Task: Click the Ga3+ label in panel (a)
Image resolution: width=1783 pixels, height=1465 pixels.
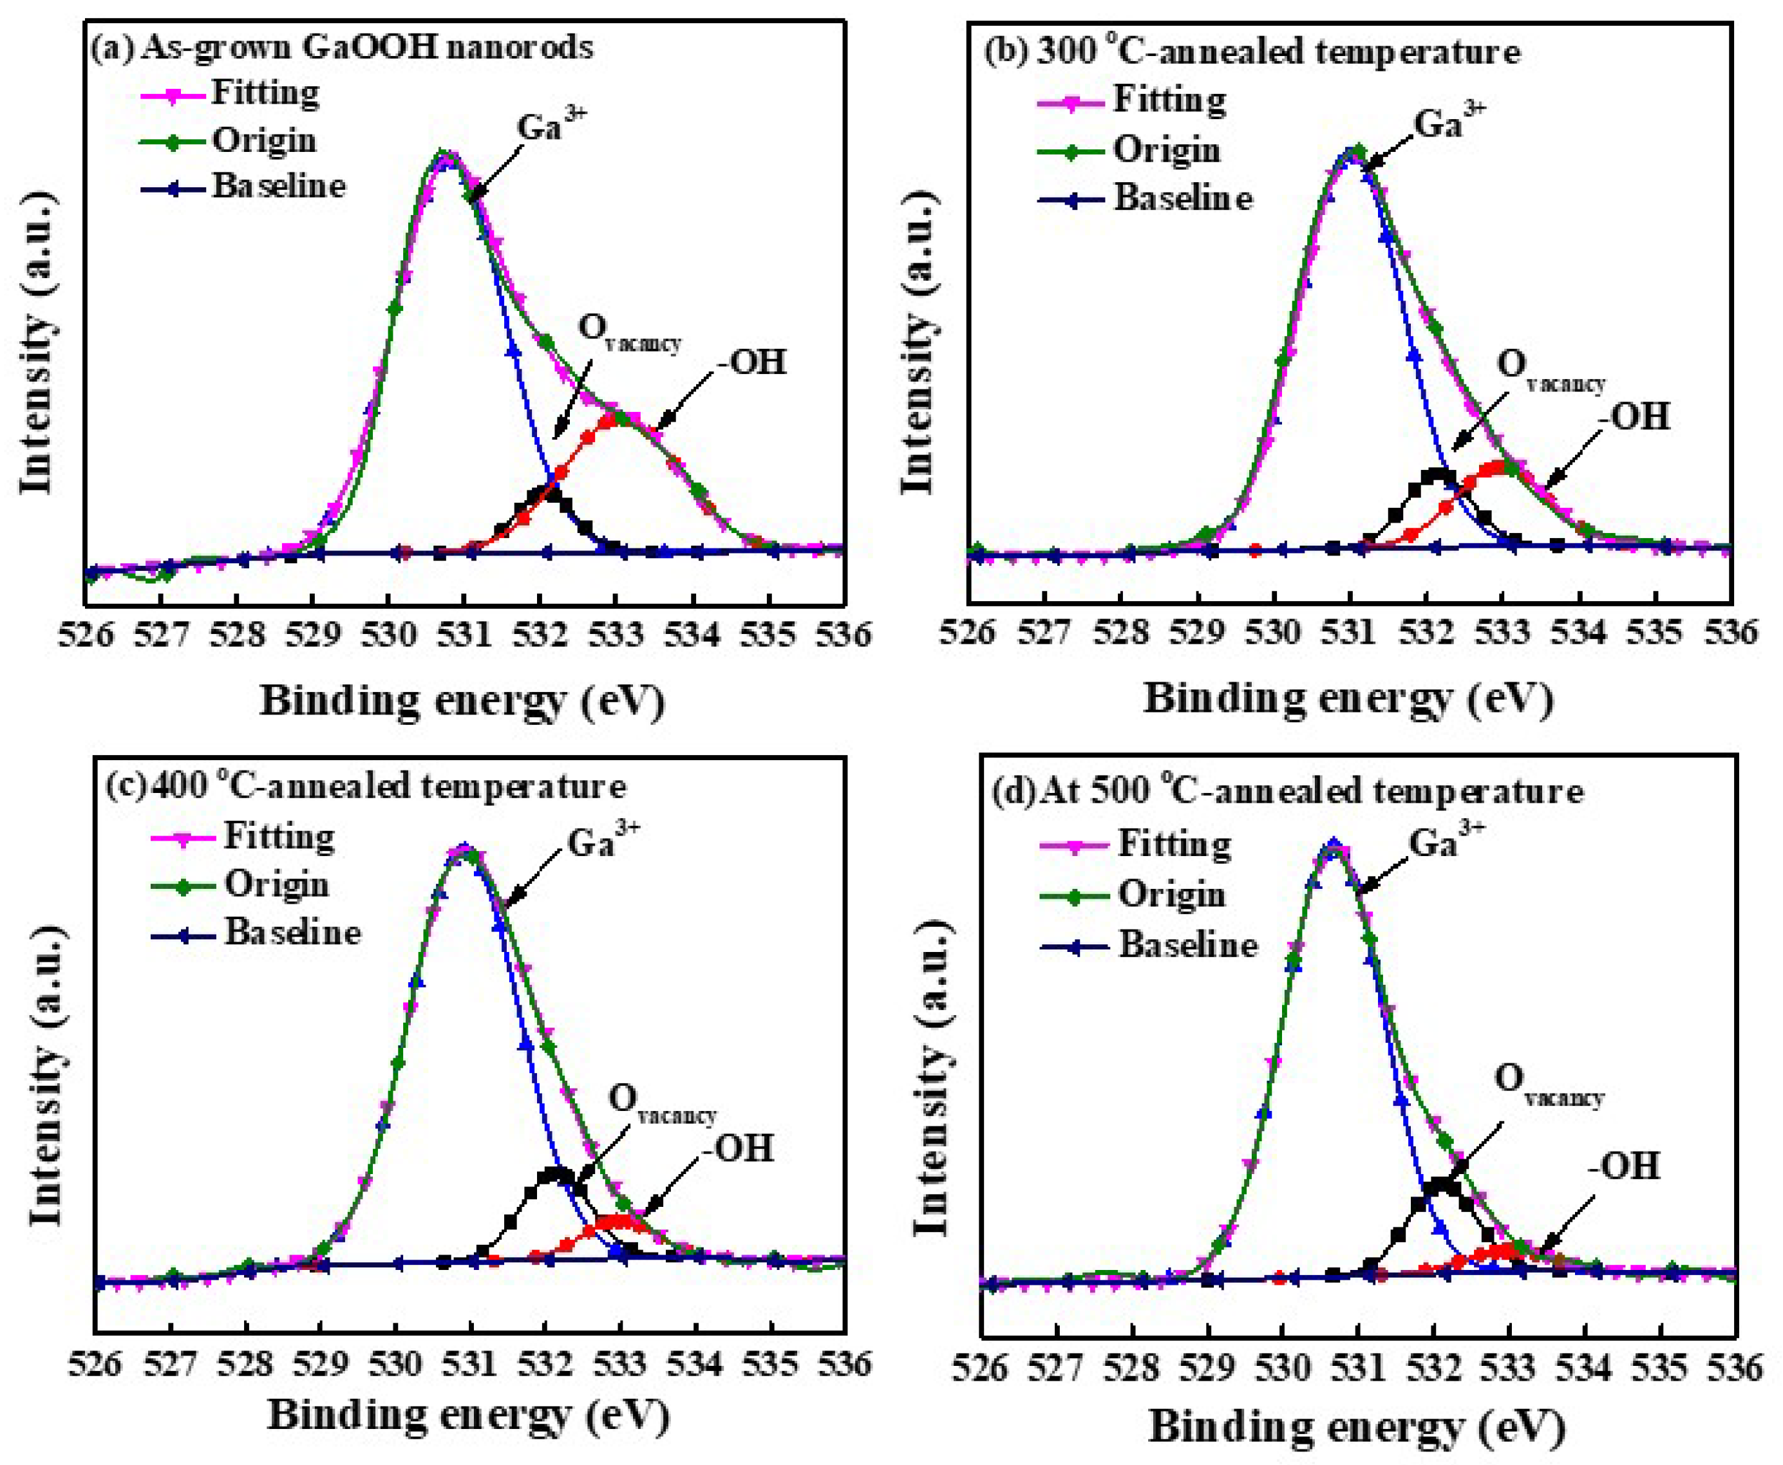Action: (x=551, y=127)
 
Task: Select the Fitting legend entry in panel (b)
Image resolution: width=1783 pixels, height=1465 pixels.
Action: (x=1169, y=100)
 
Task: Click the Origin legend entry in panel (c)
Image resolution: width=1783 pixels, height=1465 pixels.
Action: (x=276, y=884)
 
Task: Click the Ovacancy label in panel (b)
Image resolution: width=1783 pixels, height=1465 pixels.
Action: (x=1549, y=371)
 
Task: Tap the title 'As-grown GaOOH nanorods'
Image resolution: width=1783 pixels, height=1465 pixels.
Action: (x=366, y=46)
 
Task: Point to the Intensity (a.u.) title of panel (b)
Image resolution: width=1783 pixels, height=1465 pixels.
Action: (x=918, y=342)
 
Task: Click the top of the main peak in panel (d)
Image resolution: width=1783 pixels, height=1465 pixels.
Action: (x=1333, y=843)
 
